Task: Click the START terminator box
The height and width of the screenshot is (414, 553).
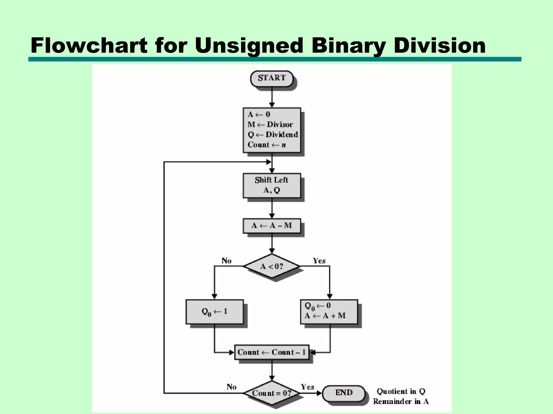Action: pyautogui.click(x=272, y=78)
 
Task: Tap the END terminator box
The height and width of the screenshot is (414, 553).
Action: pyautogui.click(x=344, y=393)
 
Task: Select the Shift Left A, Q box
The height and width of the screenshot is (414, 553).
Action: pyautogui.click(x=272, y=185)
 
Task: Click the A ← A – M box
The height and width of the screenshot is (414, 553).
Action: pyautogui.click(x=272, y=226)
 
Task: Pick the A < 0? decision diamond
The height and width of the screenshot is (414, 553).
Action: pyautogui.click(x=272, y=266)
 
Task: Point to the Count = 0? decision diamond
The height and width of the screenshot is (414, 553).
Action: pyautogui.click(x=272, y=393)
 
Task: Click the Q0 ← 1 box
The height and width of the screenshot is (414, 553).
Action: pyautogui.click(x=215, y=312)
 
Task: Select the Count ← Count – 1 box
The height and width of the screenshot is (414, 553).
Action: pyautogui.click(x=272, y=352)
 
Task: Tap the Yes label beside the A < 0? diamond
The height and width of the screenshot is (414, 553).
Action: pyautogui.click(x=319, y=261)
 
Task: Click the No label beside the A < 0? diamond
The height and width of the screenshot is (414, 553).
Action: pyautogui.click(x=226, y=261)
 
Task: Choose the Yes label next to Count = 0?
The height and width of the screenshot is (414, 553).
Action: pyautogui.click(x=308, y=387)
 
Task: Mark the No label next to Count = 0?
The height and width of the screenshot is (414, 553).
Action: pyautogui.click(x=231, y=387)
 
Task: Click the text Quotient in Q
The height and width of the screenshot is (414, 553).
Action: pyautogui.click(x=401, y=391)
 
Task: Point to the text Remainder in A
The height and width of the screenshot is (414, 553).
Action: pyautogui.click(x=401, y=402)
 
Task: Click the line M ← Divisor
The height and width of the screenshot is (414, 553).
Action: pyautogui.click(x=270, y=125)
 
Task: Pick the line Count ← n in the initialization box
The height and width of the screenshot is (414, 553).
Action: pyautogui.click(x=267, y=145)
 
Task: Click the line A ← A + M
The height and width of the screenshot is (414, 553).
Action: pyautogui.click(x=325, y=316)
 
